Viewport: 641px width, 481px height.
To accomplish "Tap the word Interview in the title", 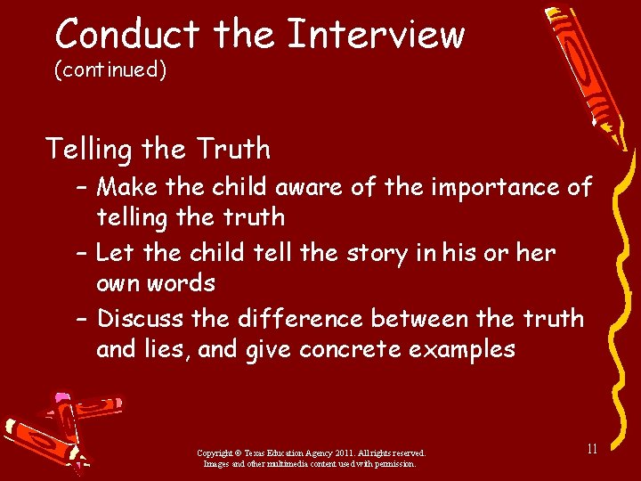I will pos(376,35).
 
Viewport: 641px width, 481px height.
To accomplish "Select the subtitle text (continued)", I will pos(110,69).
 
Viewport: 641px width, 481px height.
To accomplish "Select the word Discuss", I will pos(142,318).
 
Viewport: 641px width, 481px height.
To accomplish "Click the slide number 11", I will pos(590,449).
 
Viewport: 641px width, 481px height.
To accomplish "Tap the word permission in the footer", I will pos(393,463).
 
